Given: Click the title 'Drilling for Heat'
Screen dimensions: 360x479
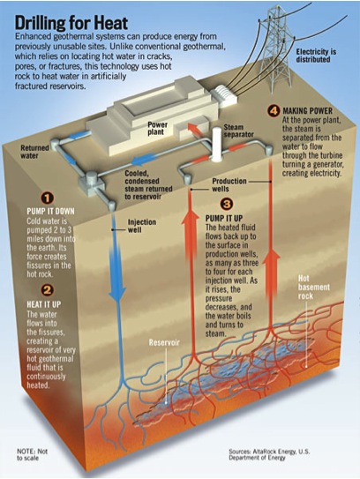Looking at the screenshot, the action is point(71,23).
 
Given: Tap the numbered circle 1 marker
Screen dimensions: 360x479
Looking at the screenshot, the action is point(47,198).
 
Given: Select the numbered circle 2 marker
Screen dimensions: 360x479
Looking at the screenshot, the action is point(48,290).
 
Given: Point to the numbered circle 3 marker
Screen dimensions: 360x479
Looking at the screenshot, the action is point(227,204).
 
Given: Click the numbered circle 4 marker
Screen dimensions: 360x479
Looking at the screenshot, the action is point(274,110).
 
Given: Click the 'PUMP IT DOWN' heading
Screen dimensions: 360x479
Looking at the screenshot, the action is point(50,212).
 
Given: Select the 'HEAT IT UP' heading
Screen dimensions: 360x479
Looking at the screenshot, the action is point(44,304).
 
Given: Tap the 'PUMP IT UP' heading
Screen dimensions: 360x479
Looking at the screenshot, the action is point(224,219).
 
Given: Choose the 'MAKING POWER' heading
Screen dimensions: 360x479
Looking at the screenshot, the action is point(307,110).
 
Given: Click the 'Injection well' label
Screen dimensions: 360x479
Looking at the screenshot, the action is point(142,226).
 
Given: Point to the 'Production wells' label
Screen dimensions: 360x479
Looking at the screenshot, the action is point(229,185).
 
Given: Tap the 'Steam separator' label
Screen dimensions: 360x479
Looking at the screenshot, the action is point(238,131).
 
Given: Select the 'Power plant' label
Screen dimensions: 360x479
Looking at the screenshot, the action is point(157,128).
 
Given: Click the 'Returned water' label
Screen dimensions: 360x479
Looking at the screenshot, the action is point(34,152).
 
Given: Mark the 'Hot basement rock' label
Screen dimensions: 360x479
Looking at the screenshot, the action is point(310,288).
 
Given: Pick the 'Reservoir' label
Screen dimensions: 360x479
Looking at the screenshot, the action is point(164,342).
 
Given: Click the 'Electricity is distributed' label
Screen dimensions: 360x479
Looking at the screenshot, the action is point(316,56).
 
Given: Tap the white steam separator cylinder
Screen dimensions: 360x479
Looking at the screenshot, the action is point(217,144).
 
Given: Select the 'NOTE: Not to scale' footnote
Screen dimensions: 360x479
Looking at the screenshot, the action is point(32,454).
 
